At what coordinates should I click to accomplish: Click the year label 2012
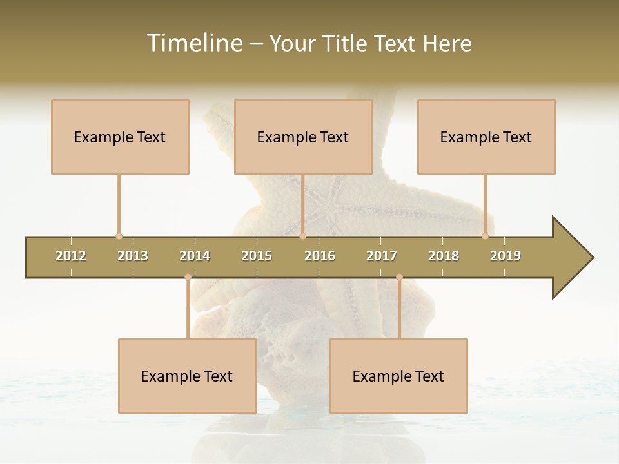click(71, 256)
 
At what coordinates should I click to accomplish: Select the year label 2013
click(133, 256)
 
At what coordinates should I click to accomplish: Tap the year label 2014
click(195, 256)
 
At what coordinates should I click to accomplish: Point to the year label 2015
click(257, 256)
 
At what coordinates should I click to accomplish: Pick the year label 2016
click(320, 256)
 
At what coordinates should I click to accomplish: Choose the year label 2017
click(382, 256)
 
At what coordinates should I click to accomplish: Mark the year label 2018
click(444, 256)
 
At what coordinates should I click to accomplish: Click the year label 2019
click(506, 256)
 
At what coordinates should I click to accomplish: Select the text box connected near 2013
click(120, 137)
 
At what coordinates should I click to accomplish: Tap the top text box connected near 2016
click(303, 137)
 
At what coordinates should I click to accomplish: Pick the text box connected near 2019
click(486, 137)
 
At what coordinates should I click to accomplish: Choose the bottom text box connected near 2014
click(187, 376)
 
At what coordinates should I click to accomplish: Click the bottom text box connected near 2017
click(398, 376)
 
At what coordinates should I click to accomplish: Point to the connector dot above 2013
click(119, 236)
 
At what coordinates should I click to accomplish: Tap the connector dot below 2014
click(188, 277)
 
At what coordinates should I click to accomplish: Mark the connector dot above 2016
click(302, 236)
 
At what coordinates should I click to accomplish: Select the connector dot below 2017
click(399, 277)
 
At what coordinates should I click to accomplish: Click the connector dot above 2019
click(486, 236)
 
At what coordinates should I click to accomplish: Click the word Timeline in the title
click(193, 43)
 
